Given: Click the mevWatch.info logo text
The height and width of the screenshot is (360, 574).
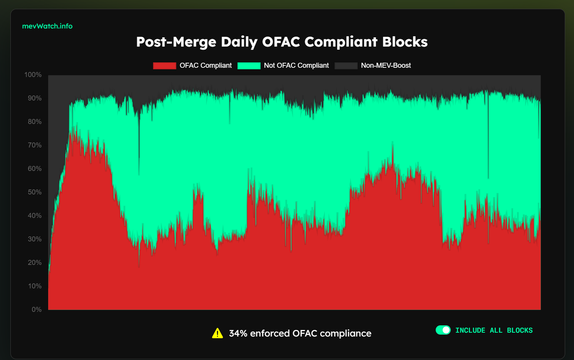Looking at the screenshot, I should coord(47,26).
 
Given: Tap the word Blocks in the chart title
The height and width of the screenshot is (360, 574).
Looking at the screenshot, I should coord(404,42).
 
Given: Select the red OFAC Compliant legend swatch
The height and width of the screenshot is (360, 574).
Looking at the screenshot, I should coord(164,65).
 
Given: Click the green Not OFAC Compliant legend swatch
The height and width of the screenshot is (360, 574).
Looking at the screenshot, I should coord(249,65).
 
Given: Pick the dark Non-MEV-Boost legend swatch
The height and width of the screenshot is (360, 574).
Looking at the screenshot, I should coord(346,65).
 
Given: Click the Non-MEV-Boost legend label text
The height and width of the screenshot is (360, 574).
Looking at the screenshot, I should coord(386,65).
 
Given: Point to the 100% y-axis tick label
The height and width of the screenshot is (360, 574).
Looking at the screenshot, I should coord(33,75).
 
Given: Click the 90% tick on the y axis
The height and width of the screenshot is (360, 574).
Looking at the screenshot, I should coord(34,98).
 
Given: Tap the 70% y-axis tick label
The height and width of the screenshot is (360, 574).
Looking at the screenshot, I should coord(34,145).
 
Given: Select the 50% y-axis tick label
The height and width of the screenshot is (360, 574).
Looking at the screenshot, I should coord(34,192).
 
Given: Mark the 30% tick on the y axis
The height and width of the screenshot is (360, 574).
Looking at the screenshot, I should coord(34,239).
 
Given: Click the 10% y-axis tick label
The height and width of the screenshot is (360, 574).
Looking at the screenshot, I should coord(34,286).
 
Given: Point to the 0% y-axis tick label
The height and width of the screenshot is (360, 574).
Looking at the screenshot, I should coord(36,310).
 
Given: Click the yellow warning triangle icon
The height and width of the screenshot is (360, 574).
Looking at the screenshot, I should coord(217,333).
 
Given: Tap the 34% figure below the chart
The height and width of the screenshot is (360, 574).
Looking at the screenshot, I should coord(238,333).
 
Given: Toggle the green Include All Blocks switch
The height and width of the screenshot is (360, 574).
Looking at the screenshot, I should coord(443,330).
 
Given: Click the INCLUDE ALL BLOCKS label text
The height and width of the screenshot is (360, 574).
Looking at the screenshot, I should coord(494,330).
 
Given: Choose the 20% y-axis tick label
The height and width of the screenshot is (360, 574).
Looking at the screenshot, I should coord(34,263).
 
